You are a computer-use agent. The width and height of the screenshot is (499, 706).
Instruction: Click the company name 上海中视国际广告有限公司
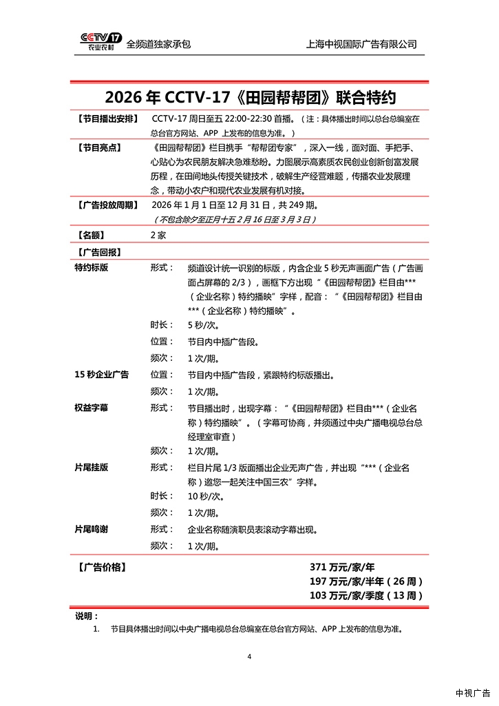[361, 44]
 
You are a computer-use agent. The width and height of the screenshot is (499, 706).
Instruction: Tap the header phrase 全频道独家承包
[158, 44]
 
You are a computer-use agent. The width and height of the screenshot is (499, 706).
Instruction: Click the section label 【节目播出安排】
[107, 118]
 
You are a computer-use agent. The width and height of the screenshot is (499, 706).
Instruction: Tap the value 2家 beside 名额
[158, 235]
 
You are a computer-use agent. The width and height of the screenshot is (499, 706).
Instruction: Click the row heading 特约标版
[92, 268]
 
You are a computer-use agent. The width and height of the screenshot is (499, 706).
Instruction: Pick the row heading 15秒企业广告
[101, 375]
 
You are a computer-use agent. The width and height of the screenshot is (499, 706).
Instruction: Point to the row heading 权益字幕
[92, 408]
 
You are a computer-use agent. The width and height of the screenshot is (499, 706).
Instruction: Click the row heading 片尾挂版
[92, 467]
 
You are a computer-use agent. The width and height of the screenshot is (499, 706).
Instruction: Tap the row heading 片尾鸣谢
[92, 529]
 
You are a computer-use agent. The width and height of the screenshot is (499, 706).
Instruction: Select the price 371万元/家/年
[342, 568]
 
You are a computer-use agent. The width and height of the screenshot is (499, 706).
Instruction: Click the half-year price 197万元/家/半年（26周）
[366, 582]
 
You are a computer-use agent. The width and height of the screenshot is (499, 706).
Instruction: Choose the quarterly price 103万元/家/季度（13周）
[366, 596]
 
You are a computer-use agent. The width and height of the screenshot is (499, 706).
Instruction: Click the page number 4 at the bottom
[250, 656]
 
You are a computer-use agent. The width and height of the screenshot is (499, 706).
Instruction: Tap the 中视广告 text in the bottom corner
[473, 693]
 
